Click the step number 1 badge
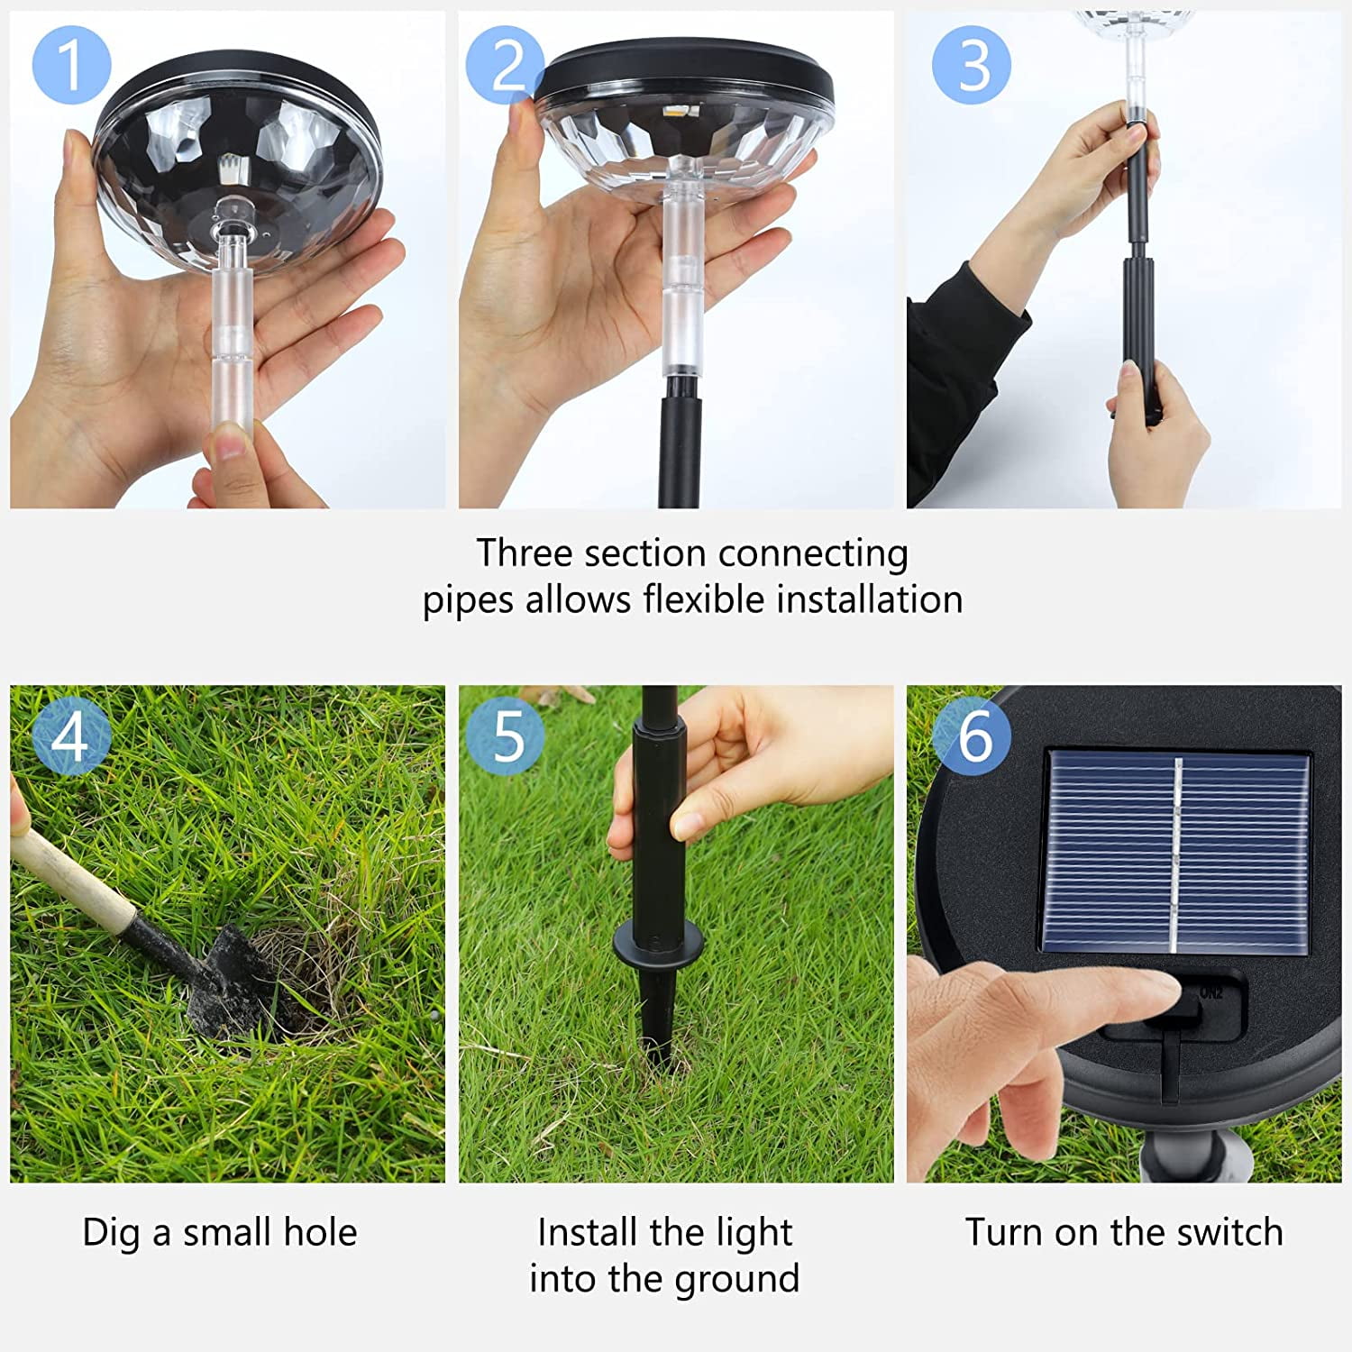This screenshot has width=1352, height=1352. pyautogui.click(x=71, y=64)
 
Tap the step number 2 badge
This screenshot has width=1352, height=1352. pyautogui.click(x=506, y=64)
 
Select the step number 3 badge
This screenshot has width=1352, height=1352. pyautogui.click(x=971, y=65)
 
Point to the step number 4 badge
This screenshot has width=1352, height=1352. pyautogui.click(x=71, y=735)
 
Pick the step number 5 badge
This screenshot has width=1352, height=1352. pyautogui.click(x=506, y=735)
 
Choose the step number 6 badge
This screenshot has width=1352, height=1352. pyautogui.click(x=971, y=735)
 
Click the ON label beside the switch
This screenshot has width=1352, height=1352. pyautogui.click(x=1210, y=992)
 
